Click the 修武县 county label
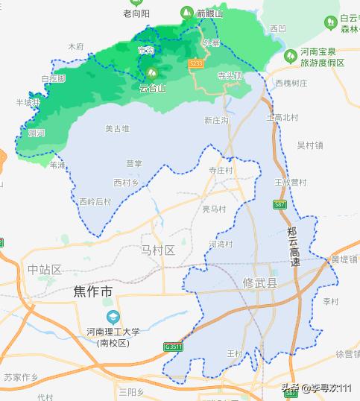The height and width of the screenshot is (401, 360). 260,283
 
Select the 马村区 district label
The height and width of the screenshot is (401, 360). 157,250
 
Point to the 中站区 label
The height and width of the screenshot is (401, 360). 44,269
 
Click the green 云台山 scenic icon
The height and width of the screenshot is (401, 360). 151,74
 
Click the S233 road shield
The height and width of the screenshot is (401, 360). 196,64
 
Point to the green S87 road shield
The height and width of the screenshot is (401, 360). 280,203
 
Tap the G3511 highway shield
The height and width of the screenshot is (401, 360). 173,347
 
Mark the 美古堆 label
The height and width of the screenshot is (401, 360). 117,129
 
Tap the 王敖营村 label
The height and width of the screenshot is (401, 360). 290,181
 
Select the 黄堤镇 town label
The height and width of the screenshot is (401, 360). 344,259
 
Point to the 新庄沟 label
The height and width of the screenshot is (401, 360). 216,119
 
